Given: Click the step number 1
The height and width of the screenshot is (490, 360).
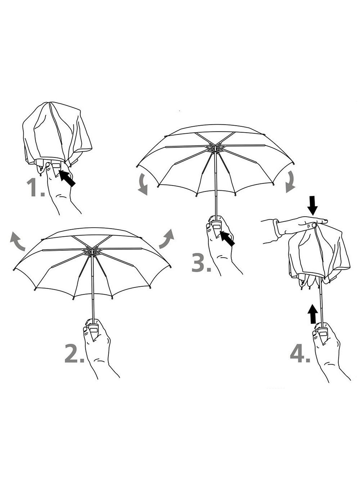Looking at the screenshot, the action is pos(35,187).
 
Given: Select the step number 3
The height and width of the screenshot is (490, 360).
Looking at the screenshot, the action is pos(201,263).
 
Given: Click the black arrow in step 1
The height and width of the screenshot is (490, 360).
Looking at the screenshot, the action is pos(67,178).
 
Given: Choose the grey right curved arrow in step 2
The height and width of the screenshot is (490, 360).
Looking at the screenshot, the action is pos(167,239).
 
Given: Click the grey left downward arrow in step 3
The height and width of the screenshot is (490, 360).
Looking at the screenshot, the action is pos(143,184).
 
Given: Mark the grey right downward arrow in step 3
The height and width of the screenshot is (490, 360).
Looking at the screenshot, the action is pos(291,182).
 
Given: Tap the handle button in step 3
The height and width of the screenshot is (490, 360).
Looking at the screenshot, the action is pos(216,227).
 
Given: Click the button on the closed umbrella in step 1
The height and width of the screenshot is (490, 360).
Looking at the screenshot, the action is pos(56,165).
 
